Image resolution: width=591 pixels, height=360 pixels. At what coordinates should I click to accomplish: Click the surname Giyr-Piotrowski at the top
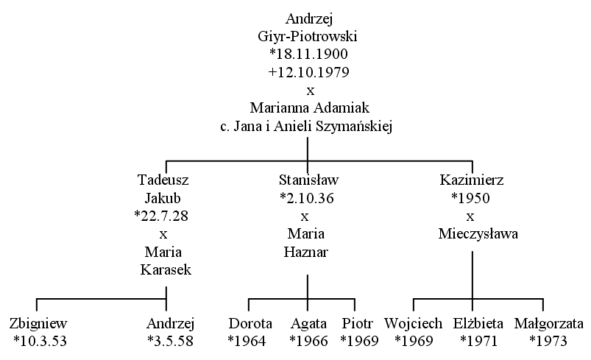tap(308, 37)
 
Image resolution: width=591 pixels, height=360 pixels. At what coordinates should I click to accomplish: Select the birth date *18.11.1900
tap(308, 54)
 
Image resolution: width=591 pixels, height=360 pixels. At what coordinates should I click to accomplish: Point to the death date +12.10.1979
tap(308, 71)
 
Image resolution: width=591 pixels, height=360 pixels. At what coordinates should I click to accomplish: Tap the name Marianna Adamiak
tap(309, 107)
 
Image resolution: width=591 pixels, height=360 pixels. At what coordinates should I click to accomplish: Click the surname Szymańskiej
tap(354, 127)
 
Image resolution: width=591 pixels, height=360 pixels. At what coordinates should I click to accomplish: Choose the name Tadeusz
tap(163, 180)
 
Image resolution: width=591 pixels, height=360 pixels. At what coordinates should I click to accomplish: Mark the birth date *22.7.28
tap(161, 216)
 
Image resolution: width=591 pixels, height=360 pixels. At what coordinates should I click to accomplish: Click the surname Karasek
tap(166, 269)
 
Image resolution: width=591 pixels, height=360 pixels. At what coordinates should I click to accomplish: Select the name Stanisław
tap(308, 180)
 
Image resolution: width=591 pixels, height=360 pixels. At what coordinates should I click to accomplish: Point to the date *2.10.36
tap(307, 198)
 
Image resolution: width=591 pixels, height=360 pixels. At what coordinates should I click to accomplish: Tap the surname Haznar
tap(306, 252)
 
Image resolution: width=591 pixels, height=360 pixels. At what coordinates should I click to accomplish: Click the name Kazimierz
tap(472, 180)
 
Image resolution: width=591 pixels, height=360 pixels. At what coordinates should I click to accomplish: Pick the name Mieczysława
tap(478, 233)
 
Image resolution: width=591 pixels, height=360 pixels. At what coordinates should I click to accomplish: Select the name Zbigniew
tap(38, 323)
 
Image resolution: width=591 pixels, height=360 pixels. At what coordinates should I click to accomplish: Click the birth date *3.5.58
tap(170, 341)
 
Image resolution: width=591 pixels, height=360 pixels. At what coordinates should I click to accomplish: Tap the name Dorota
tap(250, 323)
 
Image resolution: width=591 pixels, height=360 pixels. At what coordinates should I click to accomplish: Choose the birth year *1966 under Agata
tap(308, 341)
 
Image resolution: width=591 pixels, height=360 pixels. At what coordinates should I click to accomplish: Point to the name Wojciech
tap(413, 323)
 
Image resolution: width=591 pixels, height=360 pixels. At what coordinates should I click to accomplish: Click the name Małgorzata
tap(549, 323)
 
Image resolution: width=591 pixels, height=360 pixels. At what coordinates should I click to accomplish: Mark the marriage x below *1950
tap(470, 216)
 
